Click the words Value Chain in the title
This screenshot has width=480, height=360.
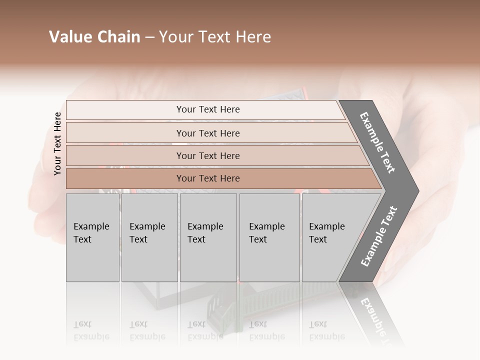click(94, 37)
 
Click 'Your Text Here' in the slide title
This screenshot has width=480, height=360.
click(215, 37)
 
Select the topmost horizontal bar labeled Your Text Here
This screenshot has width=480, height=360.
click(207, 109)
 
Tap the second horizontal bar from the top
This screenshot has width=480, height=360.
click(207, 133)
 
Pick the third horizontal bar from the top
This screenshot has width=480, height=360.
click(207, 155)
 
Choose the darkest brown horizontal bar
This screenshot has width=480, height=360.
click(207, 178)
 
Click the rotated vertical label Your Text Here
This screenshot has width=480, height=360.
click(57, 143)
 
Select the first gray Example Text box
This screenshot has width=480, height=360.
click(92, 237)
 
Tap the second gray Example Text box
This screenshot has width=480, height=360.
click(149, 237)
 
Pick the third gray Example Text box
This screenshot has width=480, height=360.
click(208, 237)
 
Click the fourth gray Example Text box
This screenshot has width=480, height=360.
click(269, 237)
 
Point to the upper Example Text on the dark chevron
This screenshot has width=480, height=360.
click(377, 142)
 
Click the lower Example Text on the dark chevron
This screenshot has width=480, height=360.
click(379, 236)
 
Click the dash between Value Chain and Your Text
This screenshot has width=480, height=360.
click(149, 37)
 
